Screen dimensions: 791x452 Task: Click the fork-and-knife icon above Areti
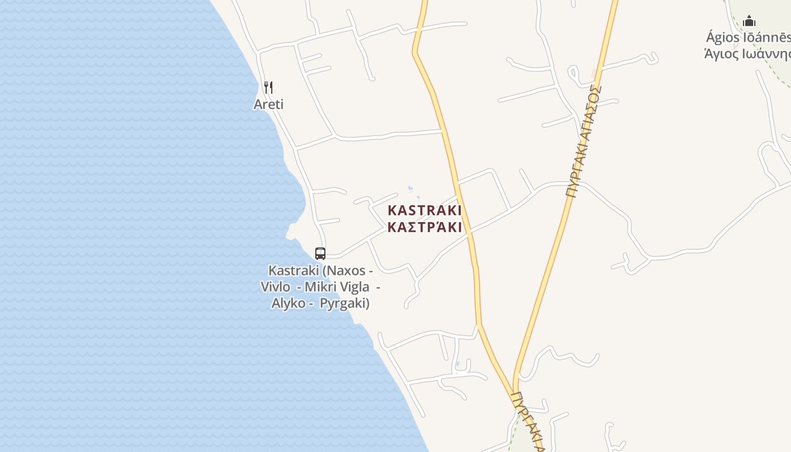[x=268, y=88]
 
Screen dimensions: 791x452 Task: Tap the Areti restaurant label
[x=268, y=105]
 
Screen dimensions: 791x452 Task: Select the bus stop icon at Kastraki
[x=320, y=254]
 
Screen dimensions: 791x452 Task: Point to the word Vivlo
[x=275, y=287]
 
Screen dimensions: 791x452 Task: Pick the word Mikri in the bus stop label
[x=320, y=287]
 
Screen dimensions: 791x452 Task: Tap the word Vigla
[x=354, y=287]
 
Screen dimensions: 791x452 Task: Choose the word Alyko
[x=288, y=303]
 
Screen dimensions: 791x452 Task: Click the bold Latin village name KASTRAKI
[x=424, y=211]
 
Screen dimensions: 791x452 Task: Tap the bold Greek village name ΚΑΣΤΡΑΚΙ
[x=424, y=228]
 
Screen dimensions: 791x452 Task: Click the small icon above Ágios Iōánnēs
[x=749, y=21]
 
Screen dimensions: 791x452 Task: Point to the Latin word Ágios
[x=723, y=38]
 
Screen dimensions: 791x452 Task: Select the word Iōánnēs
[x=767, y=38]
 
